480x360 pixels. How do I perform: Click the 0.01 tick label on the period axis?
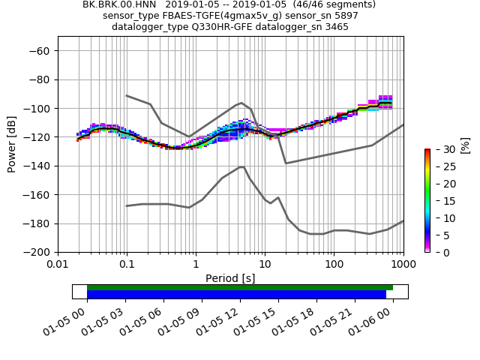(x=58, y=265)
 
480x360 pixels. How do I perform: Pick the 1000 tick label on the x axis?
(x=403, y=265)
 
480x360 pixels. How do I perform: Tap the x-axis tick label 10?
(x=265, y=265)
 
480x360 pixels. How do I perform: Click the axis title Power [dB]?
(x=13, y=145)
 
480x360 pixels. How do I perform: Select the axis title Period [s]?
(x=230, y=278)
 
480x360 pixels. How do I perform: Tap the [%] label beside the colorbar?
(x=464, y=145)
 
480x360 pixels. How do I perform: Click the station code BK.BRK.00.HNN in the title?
(x=120, y=4)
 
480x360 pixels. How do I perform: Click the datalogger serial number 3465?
(x=334, y=27)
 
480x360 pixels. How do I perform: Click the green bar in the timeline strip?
(x=239, y=287)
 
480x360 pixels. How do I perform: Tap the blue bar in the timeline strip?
(x=236, y=295)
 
